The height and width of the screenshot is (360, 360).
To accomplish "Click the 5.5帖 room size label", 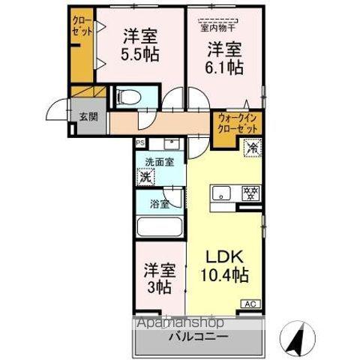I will coord(140,54).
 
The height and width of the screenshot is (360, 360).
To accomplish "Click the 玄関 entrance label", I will coord(88,116).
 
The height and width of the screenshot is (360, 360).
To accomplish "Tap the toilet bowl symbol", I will coord(127,96).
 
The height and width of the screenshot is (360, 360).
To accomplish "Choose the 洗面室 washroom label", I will coord(159,161).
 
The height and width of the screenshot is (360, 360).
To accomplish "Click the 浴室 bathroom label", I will coord(158,202).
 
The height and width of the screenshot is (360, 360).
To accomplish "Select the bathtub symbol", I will coord(158,226).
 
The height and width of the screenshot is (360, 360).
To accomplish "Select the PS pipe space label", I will coord(140,142).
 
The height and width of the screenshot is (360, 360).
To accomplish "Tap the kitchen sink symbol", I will coord(223,193).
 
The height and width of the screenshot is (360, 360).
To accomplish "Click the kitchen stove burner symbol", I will coord(250,193).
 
